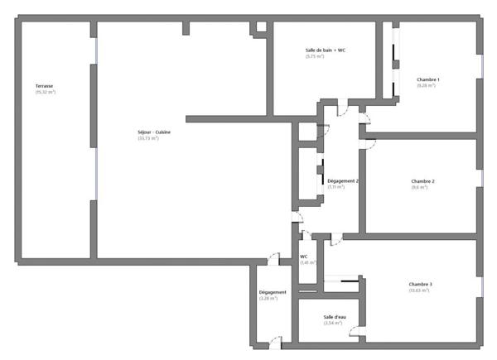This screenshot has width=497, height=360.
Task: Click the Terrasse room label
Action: pyautogui.click(x=45, y=86)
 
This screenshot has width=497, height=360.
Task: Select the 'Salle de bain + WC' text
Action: pyautogui.click(x=325, y=50)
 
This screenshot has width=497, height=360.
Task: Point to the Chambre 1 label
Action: pyautogui.click(x=428, y=79)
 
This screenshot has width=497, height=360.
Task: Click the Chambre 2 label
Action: pyautogui.click(x=422, y=181)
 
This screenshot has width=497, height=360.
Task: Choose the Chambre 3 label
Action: pyautogui.click(x=420, y=284)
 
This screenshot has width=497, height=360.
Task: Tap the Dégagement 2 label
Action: pyautogui.click(x=342, y=180)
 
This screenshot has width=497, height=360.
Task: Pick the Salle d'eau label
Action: pyautogui.click(x=334, y=316)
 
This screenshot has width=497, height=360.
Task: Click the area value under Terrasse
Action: pyautogui.click(x=45, y=92)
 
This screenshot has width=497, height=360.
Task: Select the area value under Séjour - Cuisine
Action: pyautogui.click(x=148, y=138)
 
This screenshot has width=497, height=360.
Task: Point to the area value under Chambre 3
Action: pyautogui.click(x=420, y=290)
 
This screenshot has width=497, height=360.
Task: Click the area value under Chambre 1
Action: pyautogui.click(x=427, y=85)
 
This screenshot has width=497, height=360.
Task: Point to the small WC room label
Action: pyautogui.click(x=304, y=257)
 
